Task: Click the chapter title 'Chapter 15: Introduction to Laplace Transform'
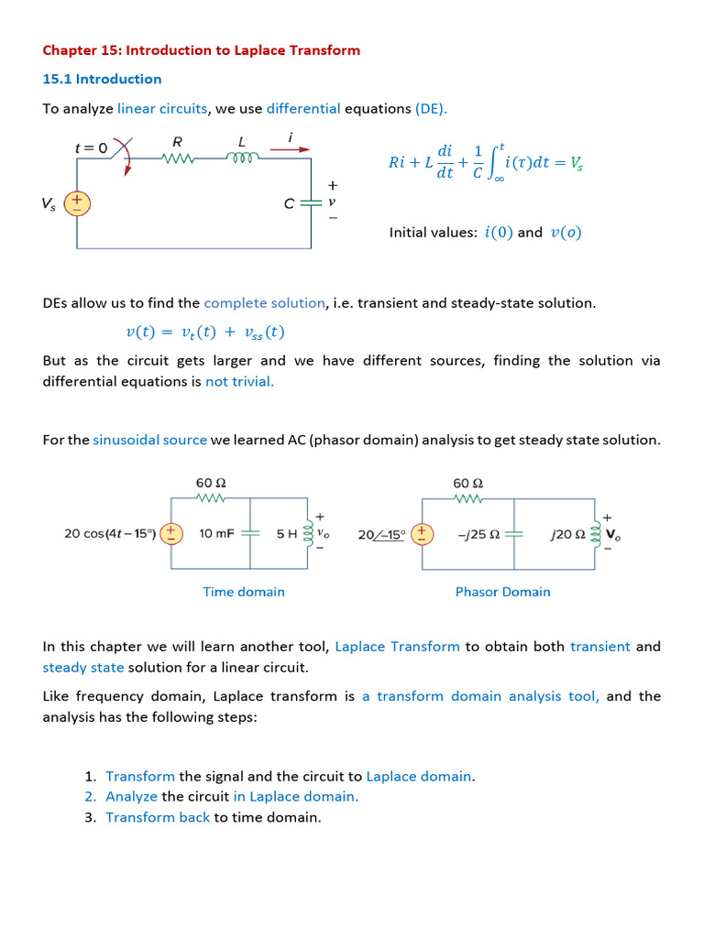[x=201, y=50]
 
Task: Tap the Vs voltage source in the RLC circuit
[x=77, y=202]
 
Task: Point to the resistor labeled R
[x=178, y=158]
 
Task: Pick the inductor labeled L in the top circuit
[x=243, y=158]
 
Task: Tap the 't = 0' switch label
[x=91, y=147]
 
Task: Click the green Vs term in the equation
[x=577, y=163]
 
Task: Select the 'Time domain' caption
[x=244, y=592]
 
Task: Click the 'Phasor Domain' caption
[x=502, y=592]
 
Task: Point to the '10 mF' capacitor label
[x=216, y=533]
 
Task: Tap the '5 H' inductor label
[x=287, y=533]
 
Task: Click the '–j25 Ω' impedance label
[x=478, y=533]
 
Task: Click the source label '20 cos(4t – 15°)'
[x=109, y=533]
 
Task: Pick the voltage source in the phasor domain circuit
[x=422, y=533]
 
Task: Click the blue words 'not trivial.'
[x=239, y=381]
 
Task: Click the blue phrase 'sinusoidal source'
[x=149, y=440]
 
